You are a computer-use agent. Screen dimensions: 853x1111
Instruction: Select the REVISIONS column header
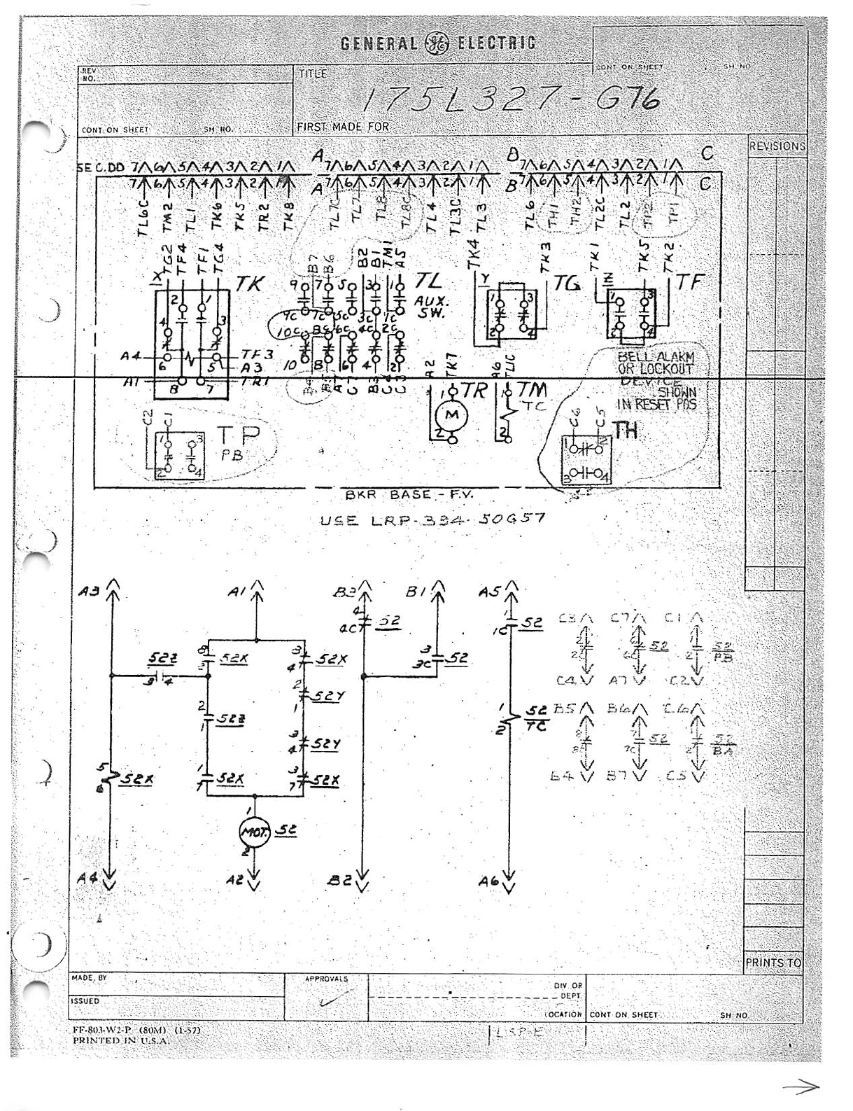tap(777, 146)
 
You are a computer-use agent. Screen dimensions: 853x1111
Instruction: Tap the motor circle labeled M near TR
tap(452, 416)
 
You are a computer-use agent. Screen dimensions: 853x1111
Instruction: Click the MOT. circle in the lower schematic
tap(251, 831)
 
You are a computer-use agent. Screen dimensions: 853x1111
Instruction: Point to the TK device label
tap(249, 285)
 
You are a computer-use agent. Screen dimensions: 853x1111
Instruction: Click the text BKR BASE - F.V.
tap(409, 495)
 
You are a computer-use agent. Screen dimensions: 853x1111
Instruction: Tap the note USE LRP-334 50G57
tap(432, 520)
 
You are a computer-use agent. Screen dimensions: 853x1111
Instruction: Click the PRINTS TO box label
tap(773, 963)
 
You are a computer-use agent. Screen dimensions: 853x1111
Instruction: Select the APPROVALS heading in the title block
tap(326, 979)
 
